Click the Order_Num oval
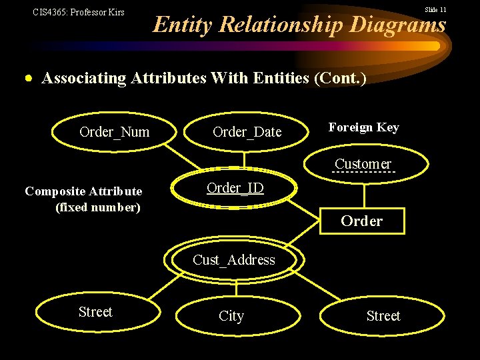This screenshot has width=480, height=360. tap(114, 132)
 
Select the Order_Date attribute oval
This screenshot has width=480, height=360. tap(247, 132)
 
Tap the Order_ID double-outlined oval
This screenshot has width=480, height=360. tap(235, 188)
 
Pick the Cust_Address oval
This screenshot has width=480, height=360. tap(233, 260)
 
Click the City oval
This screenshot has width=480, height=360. tap(231, 316)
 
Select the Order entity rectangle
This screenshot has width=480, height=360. tap(362, 221)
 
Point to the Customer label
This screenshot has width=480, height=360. tap(363, 163)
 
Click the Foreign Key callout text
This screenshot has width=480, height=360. tap(363, 127)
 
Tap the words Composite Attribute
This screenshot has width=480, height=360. tap(83, 191)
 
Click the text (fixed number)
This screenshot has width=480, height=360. tap(98, 207)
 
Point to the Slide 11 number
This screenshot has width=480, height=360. tap(435, 9)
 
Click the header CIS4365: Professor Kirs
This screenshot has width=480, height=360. tap(79, 12)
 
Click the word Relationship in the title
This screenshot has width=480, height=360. tap(280, 25)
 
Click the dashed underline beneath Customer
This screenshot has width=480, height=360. tap(363, 173)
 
